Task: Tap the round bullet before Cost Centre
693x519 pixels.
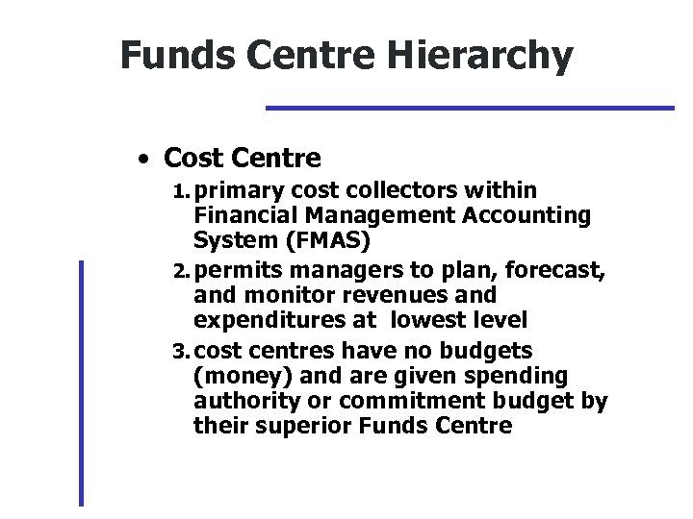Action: point(141,157)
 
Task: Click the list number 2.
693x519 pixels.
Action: point(182,274)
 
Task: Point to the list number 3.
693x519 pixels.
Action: point(182,350)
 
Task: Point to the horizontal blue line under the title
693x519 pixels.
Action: point(470,108)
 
